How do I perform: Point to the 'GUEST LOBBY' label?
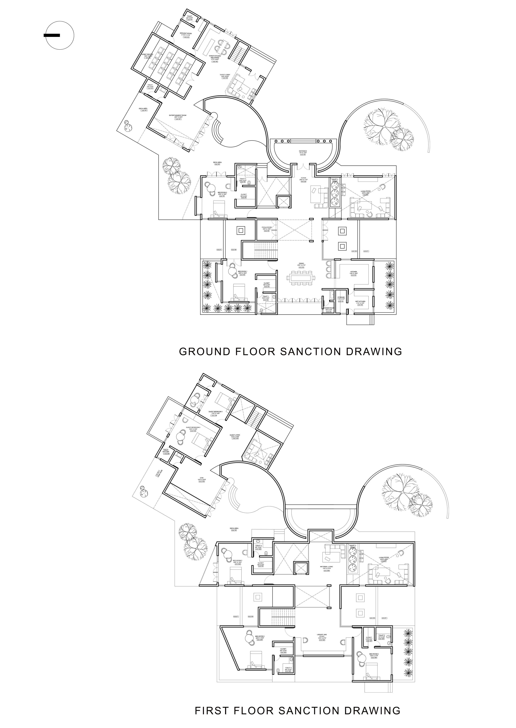pos(225,75)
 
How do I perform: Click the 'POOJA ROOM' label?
pos(267,227)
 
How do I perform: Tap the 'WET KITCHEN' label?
pos(360,301)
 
